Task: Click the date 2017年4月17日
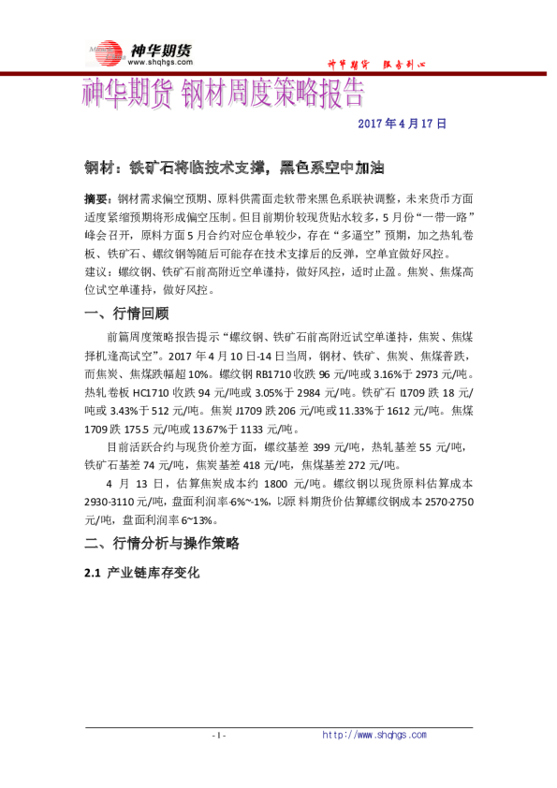[x=403, y=123]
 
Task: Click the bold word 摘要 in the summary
[x=95, y=199]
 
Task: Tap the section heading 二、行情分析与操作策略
[x=162, y=544]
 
